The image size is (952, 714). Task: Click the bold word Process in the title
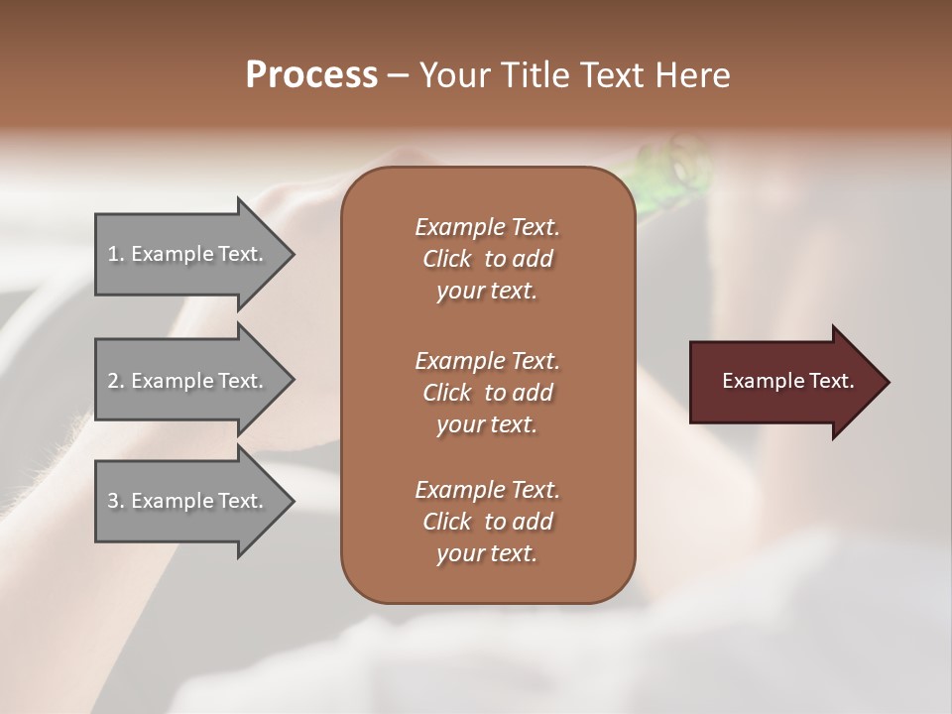click(311, 75)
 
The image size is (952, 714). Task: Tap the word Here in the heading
click(692, 75)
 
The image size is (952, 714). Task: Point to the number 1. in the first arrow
click(115, 254)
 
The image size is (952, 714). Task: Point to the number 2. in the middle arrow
click(115, 381)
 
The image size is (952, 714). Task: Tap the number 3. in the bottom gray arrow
click(115, 501)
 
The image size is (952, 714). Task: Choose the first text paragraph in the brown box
click(487, 259)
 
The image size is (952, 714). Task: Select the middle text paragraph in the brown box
click(487, 392)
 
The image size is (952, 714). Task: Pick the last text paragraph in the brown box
click(487, 522)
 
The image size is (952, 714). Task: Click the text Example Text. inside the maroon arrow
click(787, 381)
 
